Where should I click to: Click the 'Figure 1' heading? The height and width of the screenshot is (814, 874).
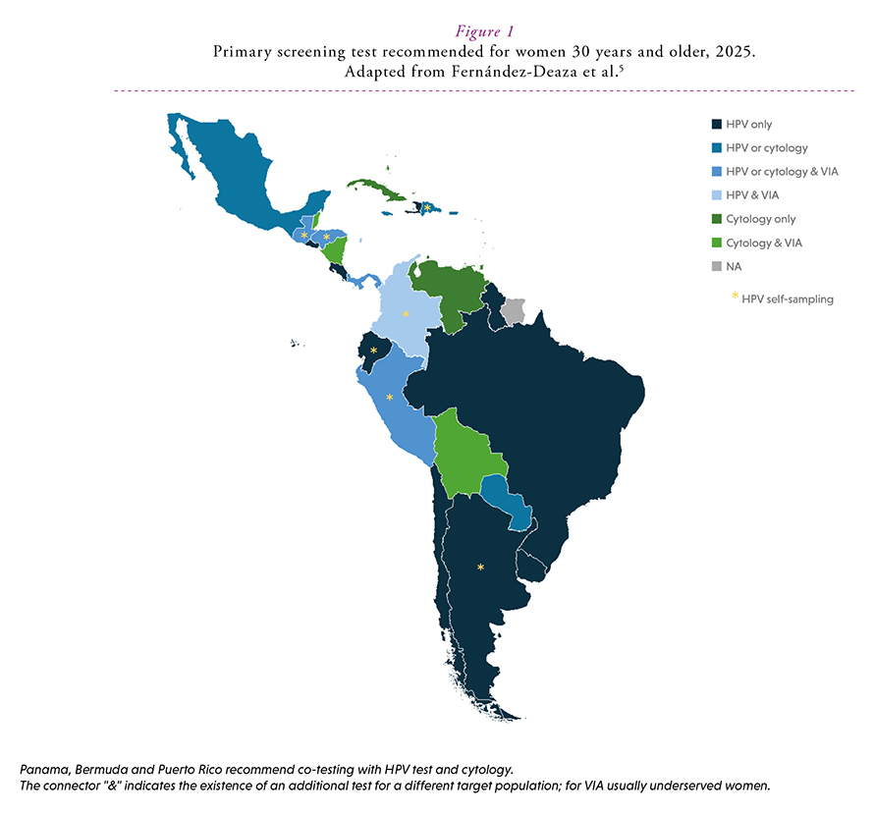437,30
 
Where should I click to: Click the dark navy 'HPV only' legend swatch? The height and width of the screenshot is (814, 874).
716,125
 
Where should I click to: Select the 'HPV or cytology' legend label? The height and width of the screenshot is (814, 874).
766,148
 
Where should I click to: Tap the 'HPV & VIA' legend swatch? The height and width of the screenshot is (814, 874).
716,195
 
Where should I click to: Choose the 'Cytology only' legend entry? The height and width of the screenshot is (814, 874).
760,219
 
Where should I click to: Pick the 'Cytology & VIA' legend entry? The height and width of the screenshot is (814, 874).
763,243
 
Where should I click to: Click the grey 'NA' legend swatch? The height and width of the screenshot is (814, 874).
716,266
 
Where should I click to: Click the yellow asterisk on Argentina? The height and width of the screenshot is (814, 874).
480,568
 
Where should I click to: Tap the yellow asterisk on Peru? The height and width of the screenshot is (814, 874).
390,398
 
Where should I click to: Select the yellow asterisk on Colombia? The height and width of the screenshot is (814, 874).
406,314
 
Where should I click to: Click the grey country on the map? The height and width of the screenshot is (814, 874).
513,312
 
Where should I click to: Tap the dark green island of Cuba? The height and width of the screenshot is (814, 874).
378,190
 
